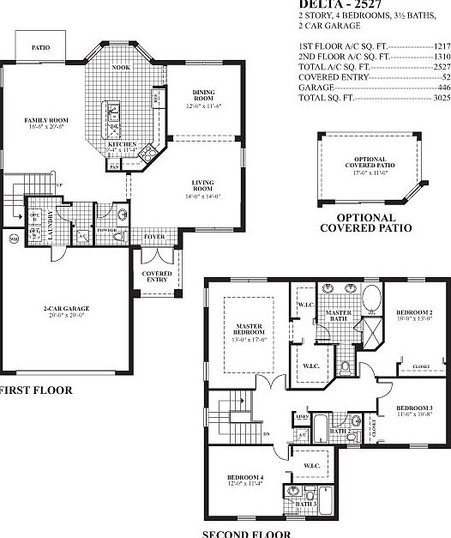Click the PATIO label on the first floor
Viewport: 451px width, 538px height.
click(40, 49)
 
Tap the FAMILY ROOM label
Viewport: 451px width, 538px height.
click(35, 120)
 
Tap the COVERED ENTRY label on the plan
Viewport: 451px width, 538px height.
click(158, 275)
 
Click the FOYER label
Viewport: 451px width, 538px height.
click(154, 237)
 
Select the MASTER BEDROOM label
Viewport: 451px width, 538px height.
click(248, 329)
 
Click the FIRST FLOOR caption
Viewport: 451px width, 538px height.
click(34, 390)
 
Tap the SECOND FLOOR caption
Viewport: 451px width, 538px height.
click(246, 533)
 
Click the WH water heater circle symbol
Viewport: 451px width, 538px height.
click(13, 237)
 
